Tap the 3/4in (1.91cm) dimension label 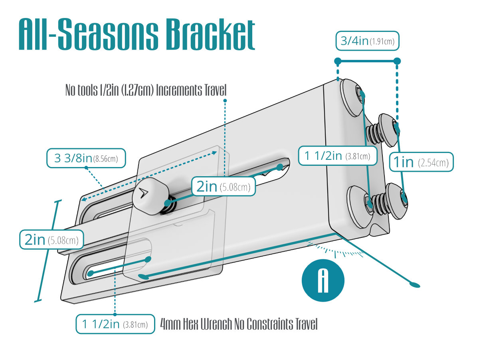(368, 41)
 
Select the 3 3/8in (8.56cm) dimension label (85, 159)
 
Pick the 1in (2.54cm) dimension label (422, 162)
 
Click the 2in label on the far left (51, 240)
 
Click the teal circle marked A (323, 281)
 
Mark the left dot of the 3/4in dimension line (338, 62)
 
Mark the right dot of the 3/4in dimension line (397, 62)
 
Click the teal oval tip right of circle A (415, 284)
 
